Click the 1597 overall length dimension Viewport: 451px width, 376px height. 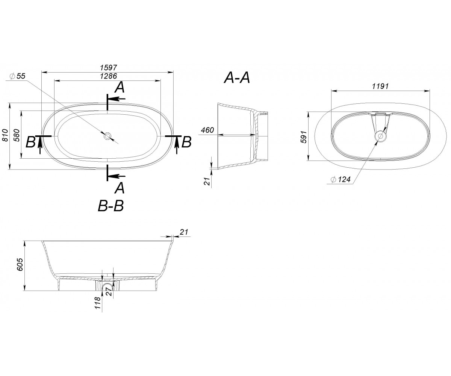click(109, 68)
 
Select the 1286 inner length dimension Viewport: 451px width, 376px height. click(109, 76)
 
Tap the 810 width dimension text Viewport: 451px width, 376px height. click(5, 135)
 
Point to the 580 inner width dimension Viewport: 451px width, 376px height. click(17, 135)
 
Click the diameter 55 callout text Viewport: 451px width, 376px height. click(18, 76)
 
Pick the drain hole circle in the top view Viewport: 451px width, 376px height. click(107, 136)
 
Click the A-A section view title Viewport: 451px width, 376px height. click(237, 78)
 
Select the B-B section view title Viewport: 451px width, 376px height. click(110, 206)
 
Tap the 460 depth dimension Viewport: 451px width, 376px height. click(207, 130)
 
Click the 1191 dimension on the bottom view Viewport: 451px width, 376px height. click(380, 86)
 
